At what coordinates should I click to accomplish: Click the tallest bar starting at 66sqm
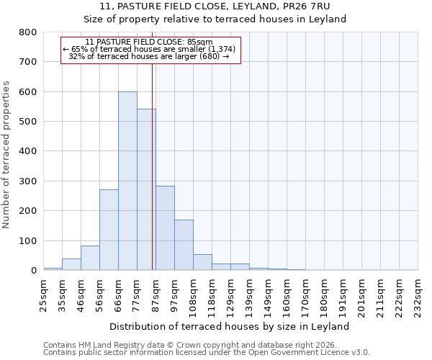(x=127, y=181)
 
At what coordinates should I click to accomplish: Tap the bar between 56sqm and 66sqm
(x=109, y=230)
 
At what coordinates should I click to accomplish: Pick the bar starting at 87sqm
(x=165, y=238)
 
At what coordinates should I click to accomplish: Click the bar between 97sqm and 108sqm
(x=184, y=245)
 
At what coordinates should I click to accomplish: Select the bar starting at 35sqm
(x=71, y=264)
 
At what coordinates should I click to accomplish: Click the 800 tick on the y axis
(x=27, y=32)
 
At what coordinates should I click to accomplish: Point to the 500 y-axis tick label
(x=27, y=122)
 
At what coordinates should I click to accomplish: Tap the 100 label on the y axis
(x=27, y=240)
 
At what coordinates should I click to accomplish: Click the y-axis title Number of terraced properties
(x=6, y=154)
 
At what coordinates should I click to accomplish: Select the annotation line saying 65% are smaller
(x=150, y=49)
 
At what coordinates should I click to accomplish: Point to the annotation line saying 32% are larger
(x=150, y=56)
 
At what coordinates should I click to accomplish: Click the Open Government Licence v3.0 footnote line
(x=206, y=352)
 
